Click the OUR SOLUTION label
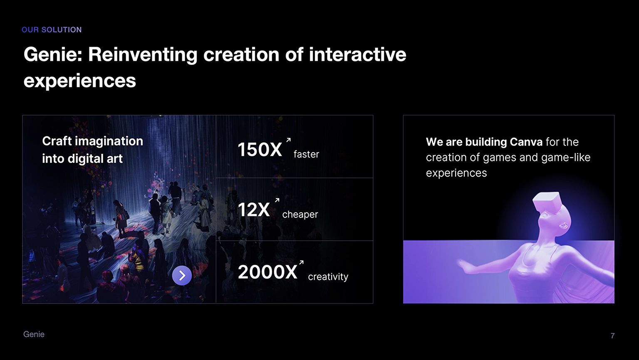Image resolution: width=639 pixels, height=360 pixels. (52, 30)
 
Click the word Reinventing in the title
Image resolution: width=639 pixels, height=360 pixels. (143, 55)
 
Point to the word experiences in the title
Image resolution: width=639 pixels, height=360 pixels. (80, 81)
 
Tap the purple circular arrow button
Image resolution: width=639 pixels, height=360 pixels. (182, 275)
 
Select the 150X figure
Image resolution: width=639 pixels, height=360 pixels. (260, 149)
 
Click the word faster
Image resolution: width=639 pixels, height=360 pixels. (306, 154)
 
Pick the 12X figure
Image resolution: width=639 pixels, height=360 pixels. (254, 210)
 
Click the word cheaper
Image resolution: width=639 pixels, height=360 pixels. (300, 215)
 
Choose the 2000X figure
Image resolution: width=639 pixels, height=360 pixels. (267, 272)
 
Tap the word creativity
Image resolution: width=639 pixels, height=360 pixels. (328, 276)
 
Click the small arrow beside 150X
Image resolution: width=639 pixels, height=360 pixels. (288, 140)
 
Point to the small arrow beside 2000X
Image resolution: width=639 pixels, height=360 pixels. (301, 262)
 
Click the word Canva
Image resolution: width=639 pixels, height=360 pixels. (526, 142)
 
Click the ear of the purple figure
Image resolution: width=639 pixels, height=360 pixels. (563, 226)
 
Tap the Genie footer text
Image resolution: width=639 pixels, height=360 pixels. (34, 334)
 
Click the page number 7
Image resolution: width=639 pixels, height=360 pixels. (612, 336)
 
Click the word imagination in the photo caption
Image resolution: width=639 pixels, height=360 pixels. (109, 141)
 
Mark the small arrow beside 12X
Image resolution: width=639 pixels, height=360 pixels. (277, 200)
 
